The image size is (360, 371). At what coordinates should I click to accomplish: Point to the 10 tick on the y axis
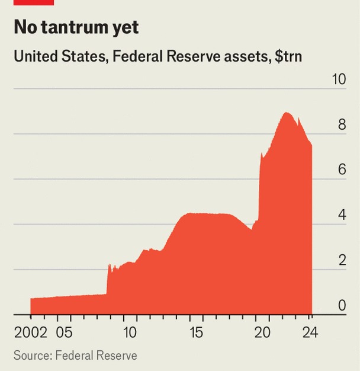pos(339,79)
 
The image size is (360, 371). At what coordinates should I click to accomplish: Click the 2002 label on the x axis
pos(31,332)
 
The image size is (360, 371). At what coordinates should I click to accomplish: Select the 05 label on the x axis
pos(65,332)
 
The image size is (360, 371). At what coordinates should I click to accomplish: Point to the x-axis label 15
pos(197,332)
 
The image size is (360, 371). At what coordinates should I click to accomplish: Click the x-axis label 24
pos(310,332)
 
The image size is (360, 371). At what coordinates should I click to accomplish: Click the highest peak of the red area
pos(286,113)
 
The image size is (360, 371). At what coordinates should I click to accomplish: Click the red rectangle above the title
pos(34,2)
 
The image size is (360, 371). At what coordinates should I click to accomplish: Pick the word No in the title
pos(26,27)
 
